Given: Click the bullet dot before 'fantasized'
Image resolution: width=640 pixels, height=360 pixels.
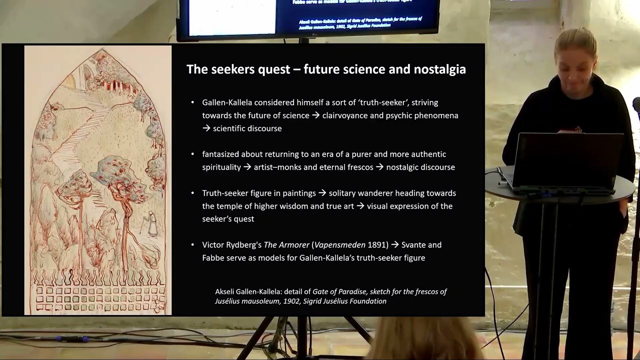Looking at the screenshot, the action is click(x=192, y=154).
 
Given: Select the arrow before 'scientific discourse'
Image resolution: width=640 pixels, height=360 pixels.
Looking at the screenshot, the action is click(x=206, y=128).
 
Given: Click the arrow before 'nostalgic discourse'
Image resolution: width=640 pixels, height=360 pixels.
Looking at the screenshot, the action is click(x=379, y=167).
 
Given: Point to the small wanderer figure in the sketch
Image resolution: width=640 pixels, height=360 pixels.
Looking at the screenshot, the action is click(x=151, y=223).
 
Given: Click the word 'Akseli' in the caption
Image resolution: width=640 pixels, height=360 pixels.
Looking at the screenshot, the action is click(x=224, y=291).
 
